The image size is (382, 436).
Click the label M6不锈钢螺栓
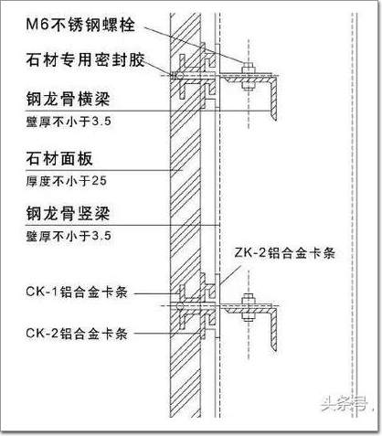80,24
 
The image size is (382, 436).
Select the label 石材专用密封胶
85,59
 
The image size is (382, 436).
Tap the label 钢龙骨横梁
68,99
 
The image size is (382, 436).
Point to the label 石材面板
59,158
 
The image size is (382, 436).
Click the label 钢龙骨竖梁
68,213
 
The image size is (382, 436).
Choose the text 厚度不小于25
66,181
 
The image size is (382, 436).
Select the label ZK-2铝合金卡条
285,253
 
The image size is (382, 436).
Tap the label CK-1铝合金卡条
77,292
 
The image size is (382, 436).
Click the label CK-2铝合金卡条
77,334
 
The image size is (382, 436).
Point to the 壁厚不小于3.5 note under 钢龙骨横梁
69,122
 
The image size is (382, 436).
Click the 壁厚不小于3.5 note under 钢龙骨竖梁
69,236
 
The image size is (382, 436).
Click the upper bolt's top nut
249,69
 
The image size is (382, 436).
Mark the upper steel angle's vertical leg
273,98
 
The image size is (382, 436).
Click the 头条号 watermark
345,404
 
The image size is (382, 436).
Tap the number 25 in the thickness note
100,181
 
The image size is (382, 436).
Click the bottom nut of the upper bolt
249,86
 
